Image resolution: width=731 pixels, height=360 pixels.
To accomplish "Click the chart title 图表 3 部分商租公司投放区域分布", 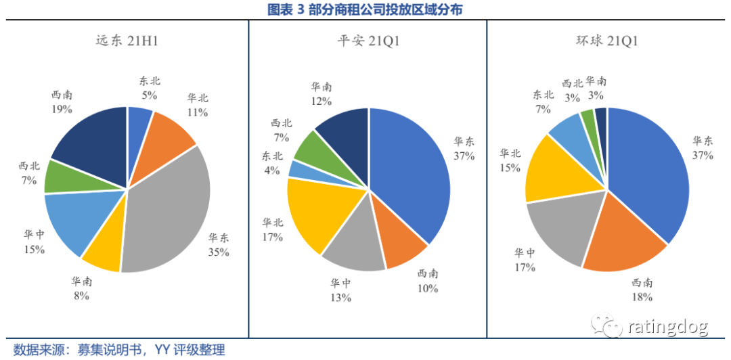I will (365, 9).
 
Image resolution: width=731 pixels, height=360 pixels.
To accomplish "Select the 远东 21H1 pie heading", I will (128, 41).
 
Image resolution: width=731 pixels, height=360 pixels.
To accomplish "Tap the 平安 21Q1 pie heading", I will (368, 41).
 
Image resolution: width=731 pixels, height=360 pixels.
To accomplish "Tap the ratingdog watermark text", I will (667, 328).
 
